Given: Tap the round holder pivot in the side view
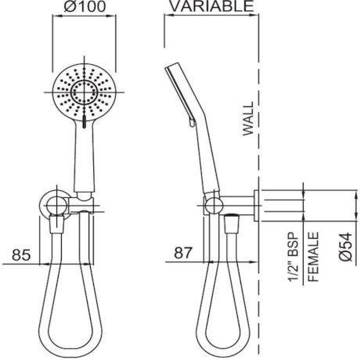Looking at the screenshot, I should (211, 207).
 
